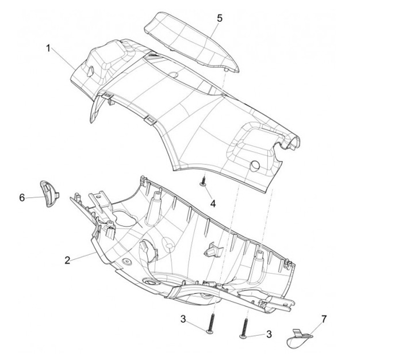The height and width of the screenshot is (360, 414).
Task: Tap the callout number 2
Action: [67, 261]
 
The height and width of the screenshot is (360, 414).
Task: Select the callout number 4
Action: [213, 204]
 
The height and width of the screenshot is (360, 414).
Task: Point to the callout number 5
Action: [219, 18]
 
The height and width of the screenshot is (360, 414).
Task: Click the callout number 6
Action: [22, 198]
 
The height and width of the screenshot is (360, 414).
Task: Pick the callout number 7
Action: [323, 318]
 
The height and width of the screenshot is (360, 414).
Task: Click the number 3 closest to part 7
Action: [269, 334]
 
